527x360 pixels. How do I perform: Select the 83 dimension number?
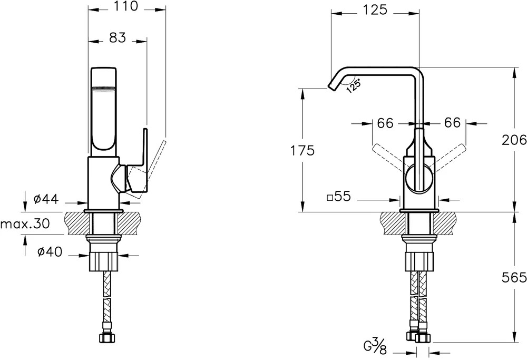[x=118, y=37]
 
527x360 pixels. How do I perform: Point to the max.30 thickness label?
[x=25, y=223]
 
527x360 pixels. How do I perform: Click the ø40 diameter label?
[x=50, y=252]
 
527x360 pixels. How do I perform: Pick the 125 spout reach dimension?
[x=375, y=9]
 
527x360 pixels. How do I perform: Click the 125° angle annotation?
[x=353, y=85]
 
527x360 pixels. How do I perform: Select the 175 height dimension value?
[x=302, y=151]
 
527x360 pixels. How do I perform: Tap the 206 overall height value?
[x=514, y=140]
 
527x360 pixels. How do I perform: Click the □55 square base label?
[x=339, y=196]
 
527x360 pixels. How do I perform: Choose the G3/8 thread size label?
[x=375, y=346]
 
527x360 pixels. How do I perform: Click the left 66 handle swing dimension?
[x=385, y=123]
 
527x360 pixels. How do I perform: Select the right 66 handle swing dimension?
[x=452, y=123]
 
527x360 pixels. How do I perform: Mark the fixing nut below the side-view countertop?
[x=104, y=261]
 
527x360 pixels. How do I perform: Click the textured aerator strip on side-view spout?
[x=104, y=89]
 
